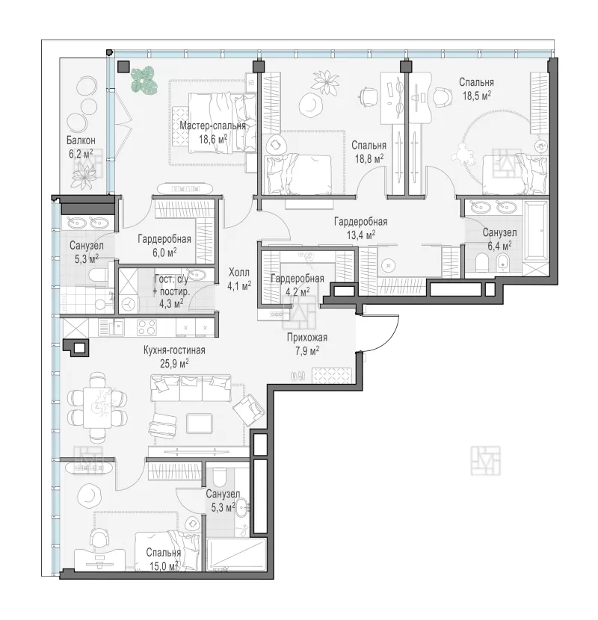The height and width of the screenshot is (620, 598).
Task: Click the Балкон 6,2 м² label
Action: point(81,147)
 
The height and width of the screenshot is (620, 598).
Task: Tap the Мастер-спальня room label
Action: point(212,126)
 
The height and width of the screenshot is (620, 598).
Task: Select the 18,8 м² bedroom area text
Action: point(369,159)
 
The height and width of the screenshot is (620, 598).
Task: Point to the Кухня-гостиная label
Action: point(174,350)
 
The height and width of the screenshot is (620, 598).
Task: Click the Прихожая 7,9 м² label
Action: point(307,344)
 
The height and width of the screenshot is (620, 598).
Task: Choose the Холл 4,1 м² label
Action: point(239,279)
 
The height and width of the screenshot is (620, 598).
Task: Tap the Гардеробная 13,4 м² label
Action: point(360,229)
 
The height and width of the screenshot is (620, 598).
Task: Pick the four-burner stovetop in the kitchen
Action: point(147,327)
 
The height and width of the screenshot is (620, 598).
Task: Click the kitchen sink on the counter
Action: point(117,326)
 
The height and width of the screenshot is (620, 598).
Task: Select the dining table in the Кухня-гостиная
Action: point(97,407)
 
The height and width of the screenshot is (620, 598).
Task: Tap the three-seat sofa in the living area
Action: point(191,388)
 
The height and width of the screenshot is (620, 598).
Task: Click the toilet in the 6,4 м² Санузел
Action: point(481,261)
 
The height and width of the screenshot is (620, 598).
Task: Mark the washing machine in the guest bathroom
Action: point(129,305)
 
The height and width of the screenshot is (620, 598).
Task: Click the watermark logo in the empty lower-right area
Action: point(485,461)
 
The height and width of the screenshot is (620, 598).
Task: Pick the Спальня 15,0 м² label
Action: point(164,559)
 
